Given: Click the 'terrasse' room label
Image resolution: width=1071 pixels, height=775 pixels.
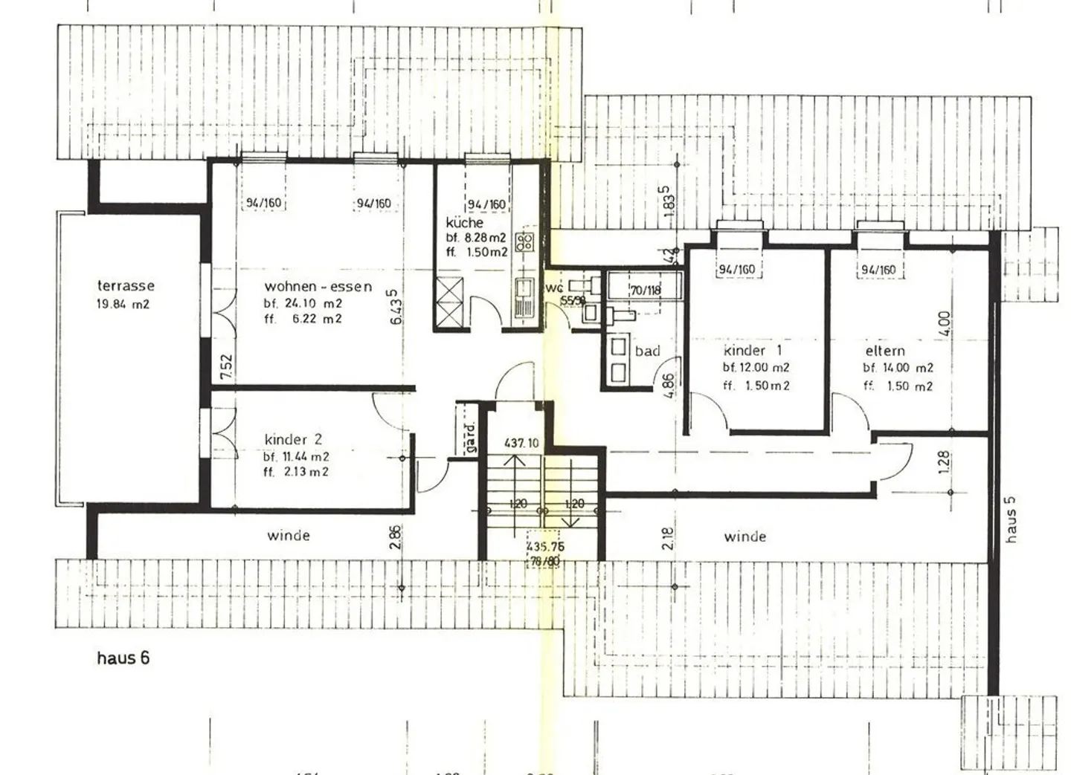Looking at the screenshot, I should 126,286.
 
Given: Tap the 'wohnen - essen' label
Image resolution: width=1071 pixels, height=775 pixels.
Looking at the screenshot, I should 318,287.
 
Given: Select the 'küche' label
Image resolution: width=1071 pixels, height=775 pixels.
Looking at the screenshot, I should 465,223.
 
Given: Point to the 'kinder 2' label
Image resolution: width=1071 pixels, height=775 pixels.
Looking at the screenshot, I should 293,440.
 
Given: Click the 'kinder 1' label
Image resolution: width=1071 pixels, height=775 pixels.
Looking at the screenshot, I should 753,351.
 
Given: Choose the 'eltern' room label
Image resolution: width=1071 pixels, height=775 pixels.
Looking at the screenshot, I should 885,351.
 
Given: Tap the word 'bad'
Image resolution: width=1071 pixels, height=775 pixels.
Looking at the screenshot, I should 647,351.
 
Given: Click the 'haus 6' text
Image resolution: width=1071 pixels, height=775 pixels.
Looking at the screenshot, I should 123,658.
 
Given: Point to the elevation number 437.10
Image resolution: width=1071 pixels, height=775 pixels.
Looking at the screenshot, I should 521,444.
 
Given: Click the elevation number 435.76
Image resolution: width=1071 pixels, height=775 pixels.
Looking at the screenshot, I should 545,546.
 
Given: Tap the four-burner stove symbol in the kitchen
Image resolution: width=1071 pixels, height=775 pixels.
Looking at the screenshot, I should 524,241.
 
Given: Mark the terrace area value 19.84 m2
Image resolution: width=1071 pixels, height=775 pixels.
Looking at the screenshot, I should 123,304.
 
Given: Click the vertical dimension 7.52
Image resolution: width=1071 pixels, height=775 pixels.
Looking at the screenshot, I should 227,367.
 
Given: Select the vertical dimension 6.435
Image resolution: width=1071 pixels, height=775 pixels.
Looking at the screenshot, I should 395,307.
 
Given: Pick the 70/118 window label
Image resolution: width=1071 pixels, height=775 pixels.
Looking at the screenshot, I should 645,291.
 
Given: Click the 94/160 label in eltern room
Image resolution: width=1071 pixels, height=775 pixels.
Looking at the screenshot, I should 878,270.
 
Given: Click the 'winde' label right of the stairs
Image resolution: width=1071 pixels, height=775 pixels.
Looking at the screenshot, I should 744,536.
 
